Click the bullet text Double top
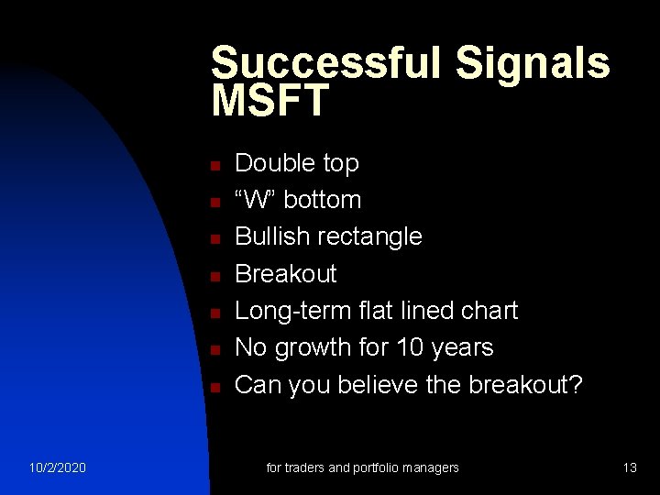coord(297,163)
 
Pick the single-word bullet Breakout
coord(286,273)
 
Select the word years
coord(464,347)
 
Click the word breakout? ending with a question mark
coord(525,385)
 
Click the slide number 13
coord(629,467)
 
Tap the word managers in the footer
coord(429,467)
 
